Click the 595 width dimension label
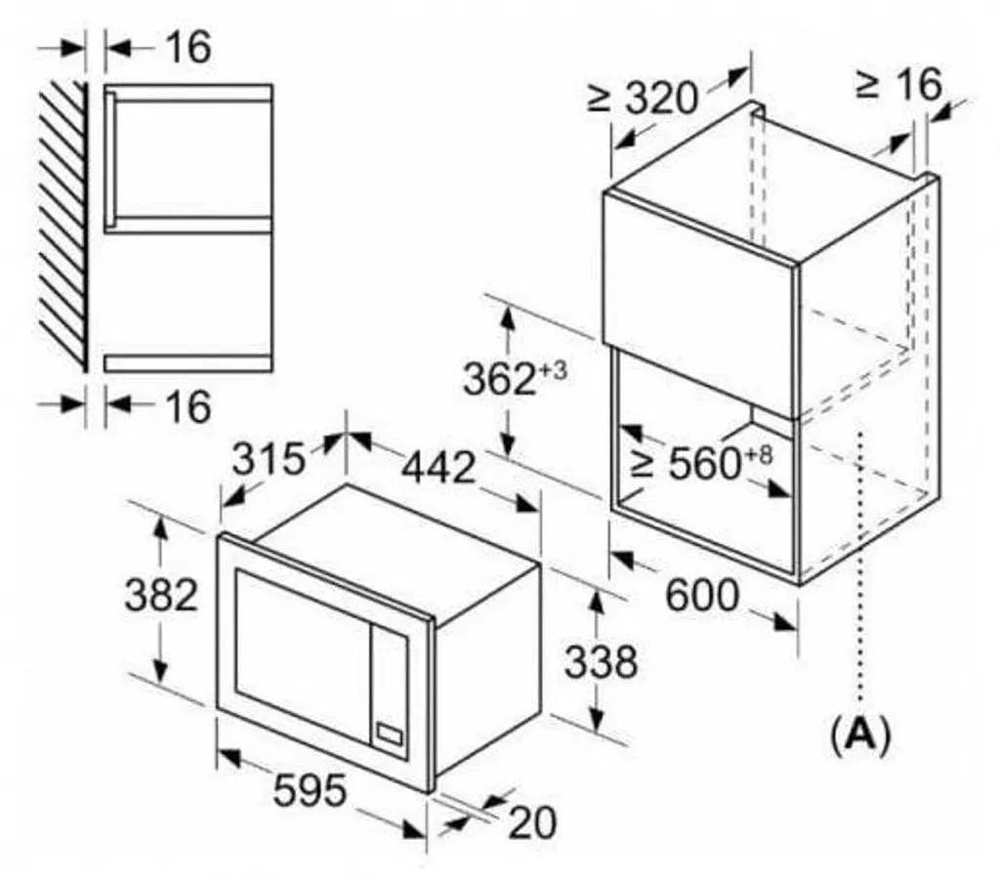click(310, 791)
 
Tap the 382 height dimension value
click(161, 595)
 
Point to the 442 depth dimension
click(438, 467)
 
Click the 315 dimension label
click(269, 458)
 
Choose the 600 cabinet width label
click(702, 595)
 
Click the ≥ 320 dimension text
click(643, 98)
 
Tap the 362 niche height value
click(499, 378)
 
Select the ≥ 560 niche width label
click(686, 462)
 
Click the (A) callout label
click(860, 735)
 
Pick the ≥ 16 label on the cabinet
click(898, 84)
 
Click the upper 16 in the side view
click(188, 47)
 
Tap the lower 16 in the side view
click(188, 406)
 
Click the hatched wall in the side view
click(62, 227)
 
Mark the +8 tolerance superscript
click(758, 455)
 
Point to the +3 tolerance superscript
click(553, 370)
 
